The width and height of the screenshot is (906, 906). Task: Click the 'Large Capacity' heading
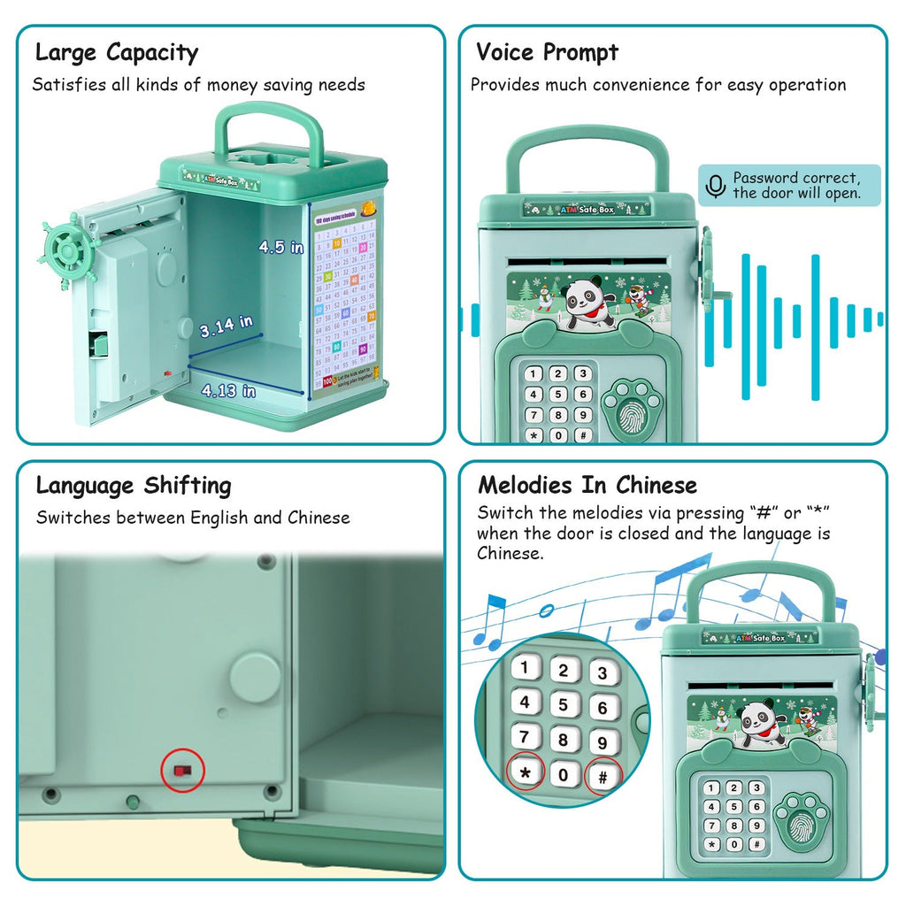(x=117, y=52)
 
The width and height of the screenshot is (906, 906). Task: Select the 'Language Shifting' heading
(x=134, y=486)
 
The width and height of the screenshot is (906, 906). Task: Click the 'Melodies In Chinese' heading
(x=587, y=485)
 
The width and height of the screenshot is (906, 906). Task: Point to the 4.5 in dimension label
(x=280, y=248)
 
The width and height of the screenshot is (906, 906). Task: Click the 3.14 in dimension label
(x=226, y=326)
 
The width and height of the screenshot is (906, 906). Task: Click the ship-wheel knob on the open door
(x=66, y=250)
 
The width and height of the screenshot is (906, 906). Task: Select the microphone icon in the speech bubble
(x=715, y=186)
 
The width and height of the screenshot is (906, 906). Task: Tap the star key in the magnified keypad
(x=526, y=772)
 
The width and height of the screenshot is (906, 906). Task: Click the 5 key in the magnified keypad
(x=564, y=704)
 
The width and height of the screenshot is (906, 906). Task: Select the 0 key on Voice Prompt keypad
(x=557, y=435)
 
